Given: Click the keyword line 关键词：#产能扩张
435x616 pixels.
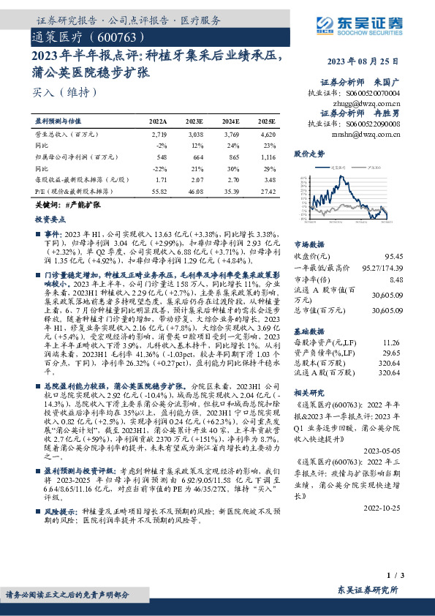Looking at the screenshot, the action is point(67,206).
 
